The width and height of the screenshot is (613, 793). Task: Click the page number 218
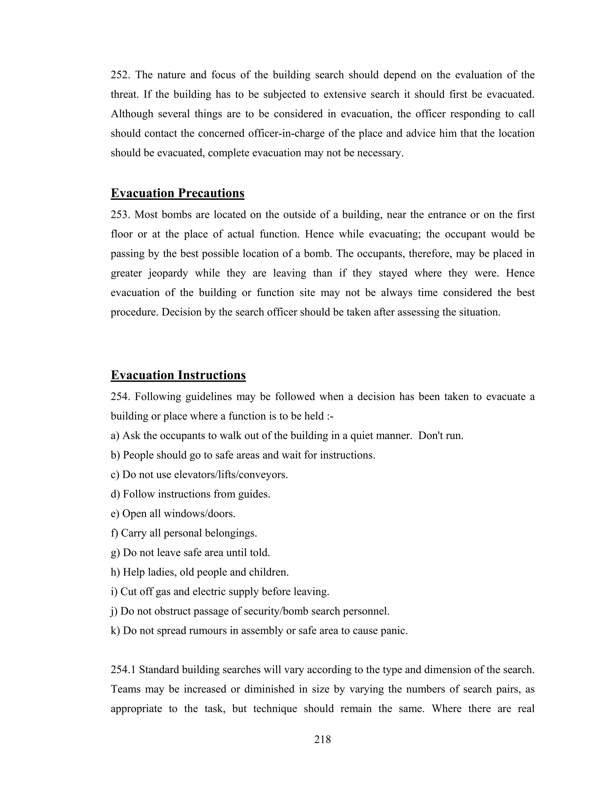[x=322, y=740]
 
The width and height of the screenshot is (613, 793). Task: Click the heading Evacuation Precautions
[x=177, y=193]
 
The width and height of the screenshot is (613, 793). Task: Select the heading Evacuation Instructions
[x=178, y=375]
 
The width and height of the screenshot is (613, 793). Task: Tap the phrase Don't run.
[x=441, y=436]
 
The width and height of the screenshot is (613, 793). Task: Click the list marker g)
[x=115, y=553]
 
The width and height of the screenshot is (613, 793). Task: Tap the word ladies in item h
[x=160, y=572]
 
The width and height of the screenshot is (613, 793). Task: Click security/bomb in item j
[x=274, y=611]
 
